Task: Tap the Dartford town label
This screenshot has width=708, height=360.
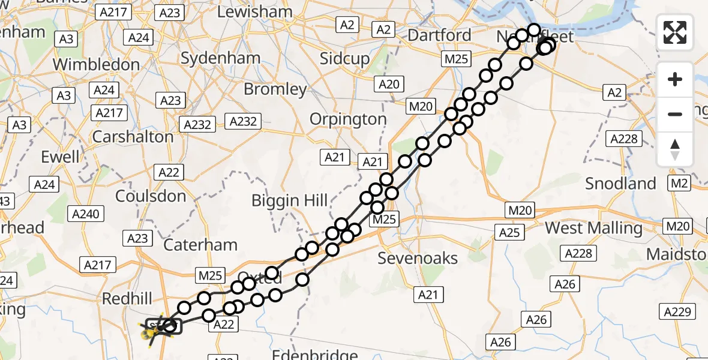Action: pos(439,35)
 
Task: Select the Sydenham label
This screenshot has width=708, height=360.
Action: pos(220,58)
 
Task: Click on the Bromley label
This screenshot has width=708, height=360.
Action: pos(275,89)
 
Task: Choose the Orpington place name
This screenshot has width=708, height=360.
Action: pos(348,119)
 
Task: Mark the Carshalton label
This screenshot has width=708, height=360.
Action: pos(133,136)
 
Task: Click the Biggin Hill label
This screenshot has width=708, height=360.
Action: pos(289,200)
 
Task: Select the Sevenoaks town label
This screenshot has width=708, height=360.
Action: pos(418,259)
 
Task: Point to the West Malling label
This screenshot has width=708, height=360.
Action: pos(593,228)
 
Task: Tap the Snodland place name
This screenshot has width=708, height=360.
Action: pos(620,183)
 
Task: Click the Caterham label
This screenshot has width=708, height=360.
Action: pos(200,244)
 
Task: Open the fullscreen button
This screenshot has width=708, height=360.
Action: pos(675,32)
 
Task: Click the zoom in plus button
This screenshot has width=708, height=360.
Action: pos(675,79)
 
